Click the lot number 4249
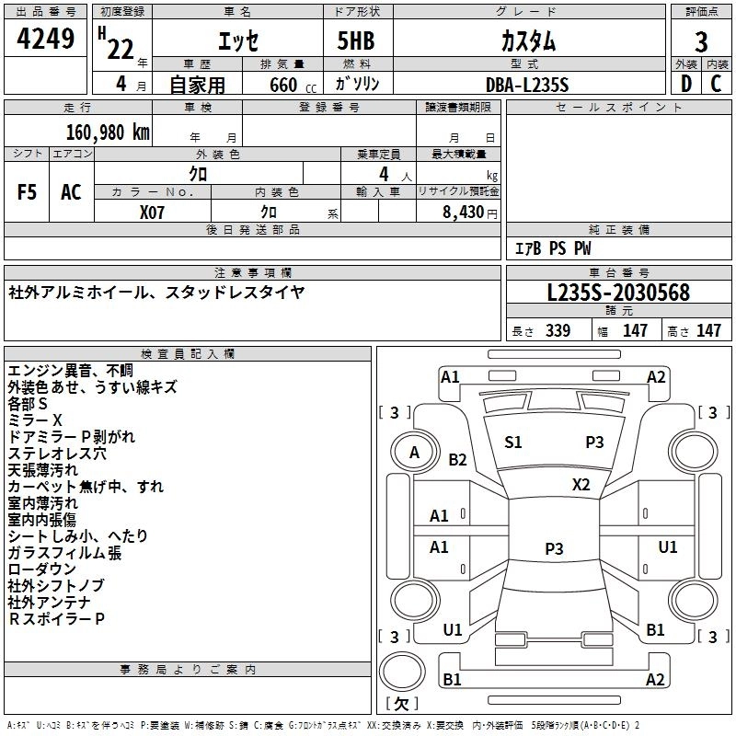(x=45, y=39)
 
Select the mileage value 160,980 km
(x=108, y=132)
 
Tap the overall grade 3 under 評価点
(x=701, y=41)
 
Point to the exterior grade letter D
(x=685, y=84)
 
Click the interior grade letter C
(x=716, y=84)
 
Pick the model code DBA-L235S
(x=527, y=85)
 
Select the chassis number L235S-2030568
(x=618, y=293)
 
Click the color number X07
(x=152, y=213)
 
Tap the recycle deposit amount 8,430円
(x=470, y=213)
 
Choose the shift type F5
(x=27, y=192)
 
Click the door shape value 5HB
(x=356, y=40)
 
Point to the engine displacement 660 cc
(x=293, y=86)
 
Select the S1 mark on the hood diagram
(x=513, y=443)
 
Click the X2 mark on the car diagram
(x=581, y=485)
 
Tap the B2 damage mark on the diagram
(x=457, y=459)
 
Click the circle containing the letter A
(x=415, y=453)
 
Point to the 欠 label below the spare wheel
(x=402, y=704)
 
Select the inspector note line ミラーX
(x=35, y=420)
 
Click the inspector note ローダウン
(x=41, y=569)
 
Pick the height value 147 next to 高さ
(x=708, y=330)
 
